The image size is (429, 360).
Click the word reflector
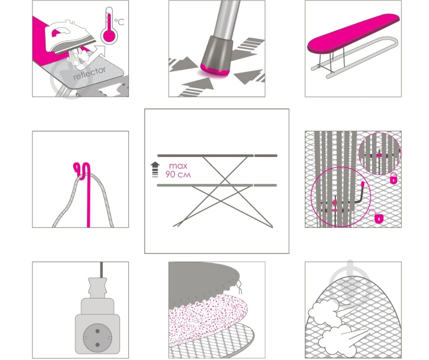click(89, 73)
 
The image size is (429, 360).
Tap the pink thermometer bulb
click(109, 36)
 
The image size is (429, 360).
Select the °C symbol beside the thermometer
click(119, 21)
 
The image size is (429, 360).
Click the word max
click(178, 166)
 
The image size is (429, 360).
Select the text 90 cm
click(178, 175)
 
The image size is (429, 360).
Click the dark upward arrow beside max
click(155, 169)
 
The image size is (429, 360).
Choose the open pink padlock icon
click(378, 216)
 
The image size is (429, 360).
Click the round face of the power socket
click(97, 338)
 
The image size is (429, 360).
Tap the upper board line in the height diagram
click(217, 156)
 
